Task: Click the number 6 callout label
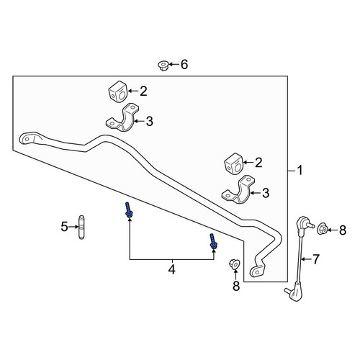coord(184,64)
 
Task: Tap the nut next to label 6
coord(163,66)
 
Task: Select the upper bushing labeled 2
coord(117,91)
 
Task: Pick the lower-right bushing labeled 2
coord(233,163)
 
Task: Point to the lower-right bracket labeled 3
coord(238,189)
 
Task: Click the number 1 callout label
coord(300,171)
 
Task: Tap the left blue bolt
coord(128,210)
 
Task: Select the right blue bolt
coord(213,242)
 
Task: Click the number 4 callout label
coord(172,269)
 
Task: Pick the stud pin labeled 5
coord(81,227)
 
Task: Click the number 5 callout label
coord(64,227)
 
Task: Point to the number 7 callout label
coord(315,259)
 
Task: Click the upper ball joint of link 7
coord(304,223)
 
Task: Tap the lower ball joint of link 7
coord(295,291)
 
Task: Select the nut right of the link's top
coord(323,228)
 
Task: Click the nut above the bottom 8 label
coord(235,264)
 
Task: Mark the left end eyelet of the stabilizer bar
coord(27,139)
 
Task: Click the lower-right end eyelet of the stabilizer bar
coord(257,271)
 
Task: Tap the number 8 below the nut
coord(236,286)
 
